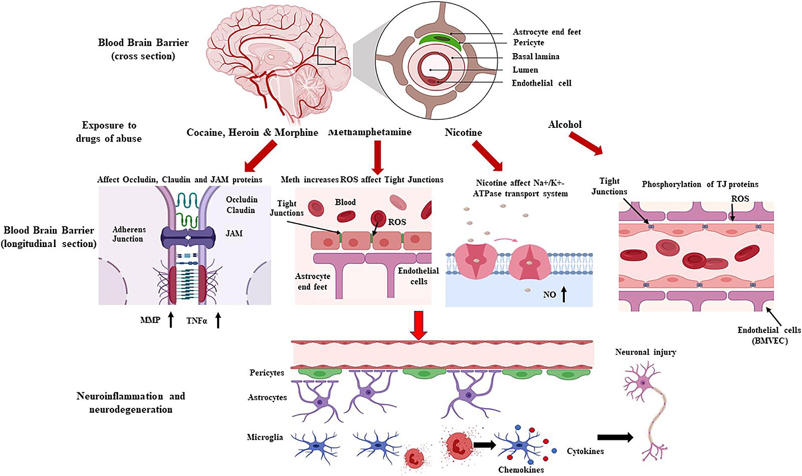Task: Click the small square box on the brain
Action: point(326,56)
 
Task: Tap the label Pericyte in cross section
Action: point(528,43)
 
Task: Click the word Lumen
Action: point(525,70)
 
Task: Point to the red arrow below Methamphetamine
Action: point(378,156)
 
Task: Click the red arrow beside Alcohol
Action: point(585,144)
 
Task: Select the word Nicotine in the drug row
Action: point(463,132)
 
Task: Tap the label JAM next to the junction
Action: point(234,233)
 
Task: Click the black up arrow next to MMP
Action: point(171,319)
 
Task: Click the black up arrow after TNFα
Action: point(218,320)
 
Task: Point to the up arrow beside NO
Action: point(564,294)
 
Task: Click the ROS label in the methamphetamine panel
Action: point(397,222)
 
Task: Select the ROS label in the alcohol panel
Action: point(740,199)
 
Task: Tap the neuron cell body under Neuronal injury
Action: point(642,383)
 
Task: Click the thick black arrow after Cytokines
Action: point(615,437)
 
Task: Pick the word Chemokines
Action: point(521,469)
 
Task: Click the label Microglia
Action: point(265,437)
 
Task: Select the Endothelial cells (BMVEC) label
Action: point(769,335)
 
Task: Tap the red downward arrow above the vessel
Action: point(418,325)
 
